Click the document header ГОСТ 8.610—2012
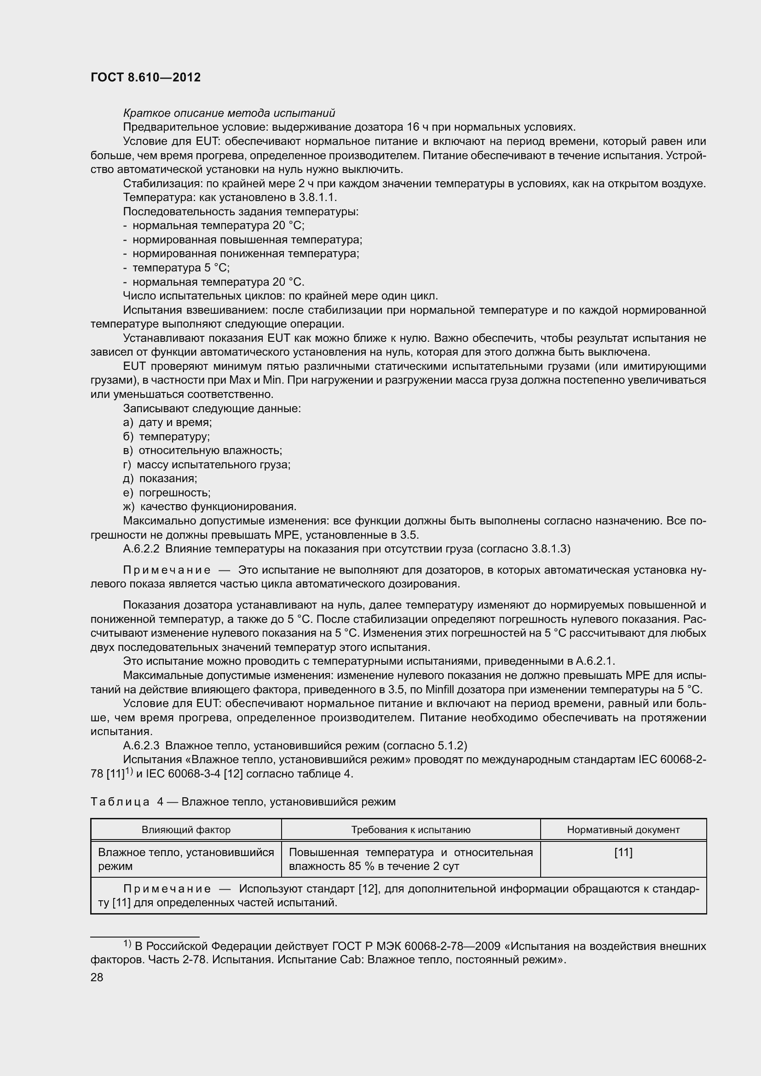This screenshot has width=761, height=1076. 145,77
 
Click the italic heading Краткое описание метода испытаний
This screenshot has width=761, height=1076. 229,113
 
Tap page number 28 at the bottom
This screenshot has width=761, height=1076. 97,977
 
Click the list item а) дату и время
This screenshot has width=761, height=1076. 167,422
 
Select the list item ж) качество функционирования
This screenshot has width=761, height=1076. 209,506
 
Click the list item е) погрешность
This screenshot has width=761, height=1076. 167,493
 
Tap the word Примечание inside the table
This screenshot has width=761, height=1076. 167,889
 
